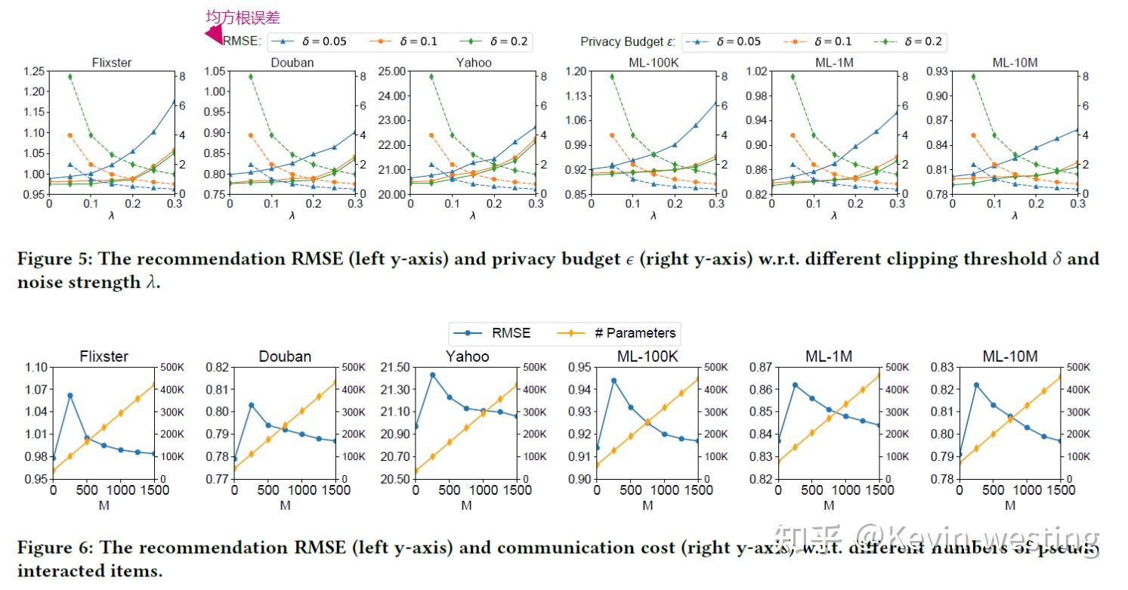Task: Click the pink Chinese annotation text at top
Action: pos(243,17)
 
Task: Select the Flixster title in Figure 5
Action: pos(111,63)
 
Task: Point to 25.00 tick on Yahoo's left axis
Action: pos(392,72)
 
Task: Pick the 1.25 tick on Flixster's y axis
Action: pos(33,72)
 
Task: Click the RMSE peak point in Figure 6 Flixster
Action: pos(70,395)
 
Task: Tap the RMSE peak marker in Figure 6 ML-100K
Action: pos(613,381)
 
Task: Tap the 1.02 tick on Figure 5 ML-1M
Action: pos(757,72)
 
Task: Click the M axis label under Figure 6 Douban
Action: pos(285,505)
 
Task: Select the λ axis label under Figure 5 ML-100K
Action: pos(654,215)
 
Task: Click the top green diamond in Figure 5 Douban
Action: pos(251,76)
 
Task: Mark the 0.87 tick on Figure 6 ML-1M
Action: pos(761,367)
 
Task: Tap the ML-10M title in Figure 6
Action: pos(1010,356)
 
